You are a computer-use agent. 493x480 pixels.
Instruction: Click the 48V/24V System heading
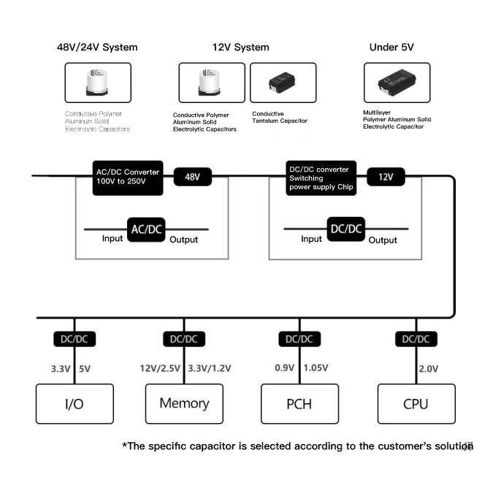97,47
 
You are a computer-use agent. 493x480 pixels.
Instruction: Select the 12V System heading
240,47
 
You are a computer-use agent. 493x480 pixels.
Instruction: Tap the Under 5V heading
393,47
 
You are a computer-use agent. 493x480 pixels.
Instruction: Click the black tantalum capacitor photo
283,83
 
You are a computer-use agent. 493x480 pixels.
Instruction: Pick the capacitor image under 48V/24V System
98,83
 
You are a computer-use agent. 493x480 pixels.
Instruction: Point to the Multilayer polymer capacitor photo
397,83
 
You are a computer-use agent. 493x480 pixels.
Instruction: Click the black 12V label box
384,178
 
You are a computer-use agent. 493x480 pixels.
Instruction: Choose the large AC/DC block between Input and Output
146,229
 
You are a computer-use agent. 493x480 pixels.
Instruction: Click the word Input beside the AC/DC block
112,239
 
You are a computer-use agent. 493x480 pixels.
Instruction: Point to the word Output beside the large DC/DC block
382,240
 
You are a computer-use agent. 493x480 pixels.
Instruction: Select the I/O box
75,403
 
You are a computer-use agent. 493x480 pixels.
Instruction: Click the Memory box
183,403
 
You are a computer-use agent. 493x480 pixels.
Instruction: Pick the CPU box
416,403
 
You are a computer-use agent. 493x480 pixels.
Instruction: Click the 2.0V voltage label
429,369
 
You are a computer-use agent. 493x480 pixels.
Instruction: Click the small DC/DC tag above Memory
183,339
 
